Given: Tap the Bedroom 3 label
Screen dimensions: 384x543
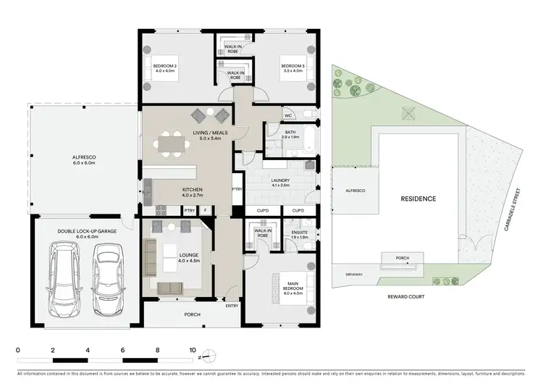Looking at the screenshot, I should coord(293,69).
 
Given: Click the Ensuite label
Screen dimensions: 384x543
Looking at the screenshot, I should coord(298,234).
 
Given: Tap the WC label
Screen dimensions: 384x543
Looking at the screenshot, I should coord(287,115).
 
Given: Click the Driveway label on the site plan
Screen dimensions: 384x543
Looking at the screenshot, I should coord(354,275).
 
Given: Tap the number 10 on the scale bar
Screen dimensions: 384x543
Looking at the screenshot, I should coord(193,349).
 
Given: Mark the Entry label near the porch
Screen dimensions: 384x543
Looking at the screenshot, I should coord(231,305).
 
